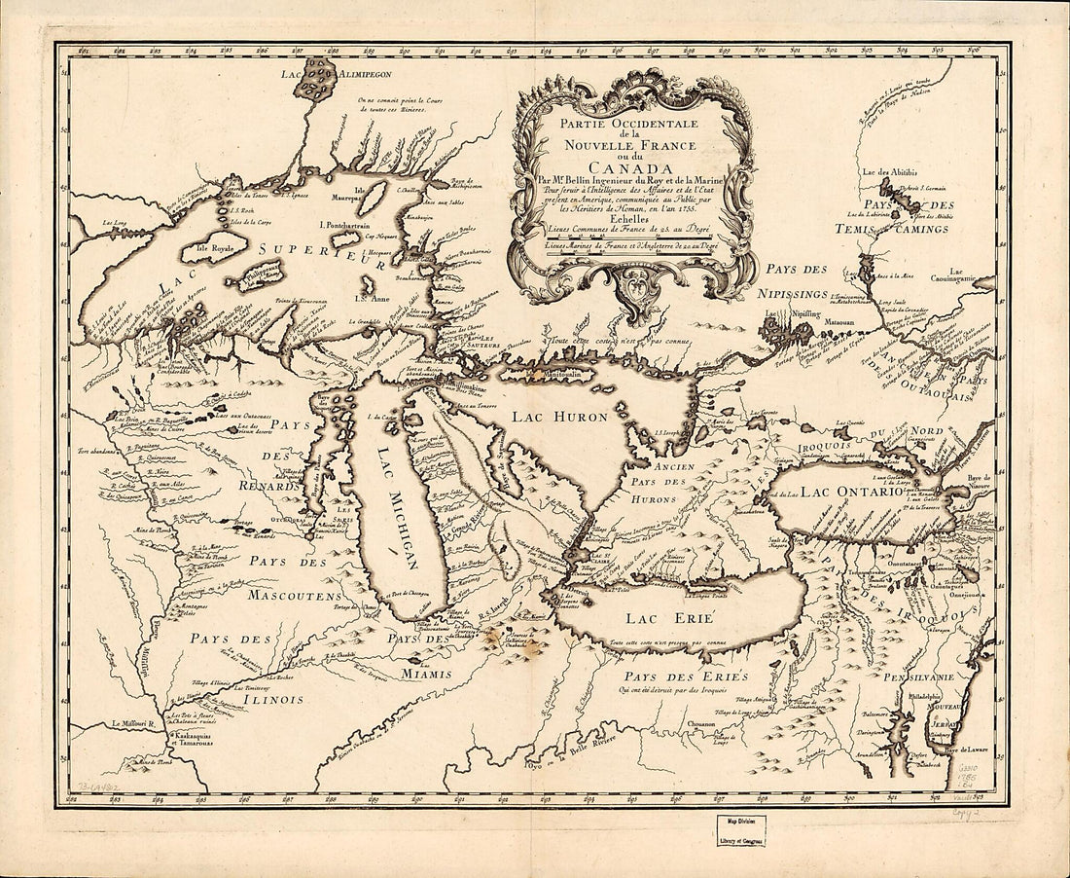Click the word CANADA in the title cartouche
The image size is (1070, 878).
[632, 166]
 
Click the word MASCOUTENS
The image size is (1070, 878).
[293, 594]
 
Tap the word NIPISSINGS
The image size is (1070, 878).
[793, 291]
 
